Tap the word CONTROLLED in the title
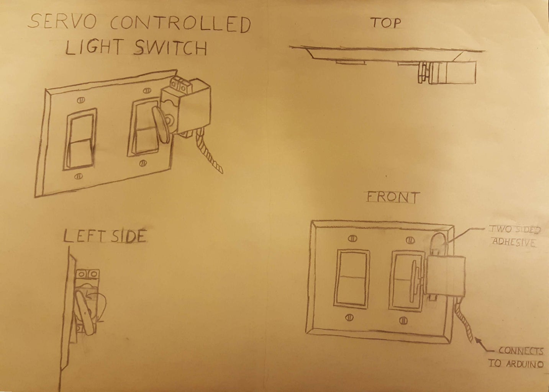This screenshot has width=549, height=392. point(180,24)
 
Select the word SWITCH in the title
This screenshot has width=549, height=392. point(170,48)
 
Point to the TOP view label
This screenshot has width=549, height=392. point(386,23)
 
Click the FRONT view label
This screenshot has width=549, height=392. point(393,197)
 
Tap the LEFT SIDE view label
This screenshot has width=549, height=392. point(105,237)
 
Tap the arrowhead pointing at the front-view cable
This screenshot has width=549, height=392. point(477,339)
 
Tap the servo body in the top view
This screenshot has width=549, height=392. point(456,73)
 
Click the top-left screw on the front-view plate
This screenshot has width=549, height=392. point(351,239)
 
